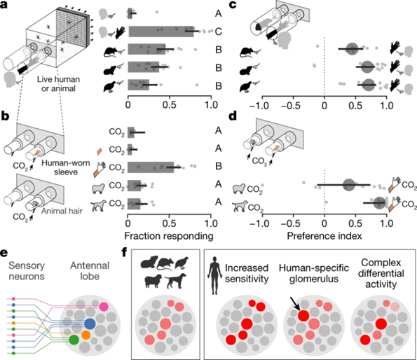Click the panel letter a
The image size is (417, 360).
click(4, 5)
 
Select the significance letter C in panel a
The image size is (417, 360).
click(218, 32)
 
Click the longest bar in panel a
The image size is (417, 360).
click(161, 32)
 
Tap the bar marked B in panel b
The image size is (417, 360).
click(151, 167)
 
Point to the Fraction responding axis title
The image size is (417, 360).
click(169, 236)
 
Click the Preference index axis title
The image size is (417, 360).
click(324, 236)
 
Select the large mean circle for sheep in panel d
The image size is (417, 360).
click(349, 185)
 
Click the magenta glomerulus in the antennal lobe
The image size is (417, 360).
click(104, 307)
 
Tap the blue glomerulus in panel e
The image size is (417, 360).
click(90, 324)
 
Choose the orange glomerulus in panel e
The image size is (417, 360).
click(86, 335)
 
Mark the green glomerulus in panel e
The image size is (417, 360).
click(74, 340)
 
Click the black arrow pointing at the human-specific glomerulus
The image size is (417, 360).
click(294, 304)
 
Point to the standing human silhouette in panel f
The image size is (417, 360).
click(214, 275)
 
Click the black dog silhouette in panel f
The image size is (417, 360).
click(176, 281)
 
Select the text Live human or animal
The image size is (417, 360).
click(58, 83)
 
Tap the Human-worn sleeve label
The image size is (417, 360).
click(66, 167)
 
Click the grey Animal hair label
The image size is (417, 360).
click(62, 211)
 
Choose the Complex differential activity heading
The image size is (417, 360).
click(381, 273)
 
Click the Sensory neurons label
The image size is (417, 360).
click(27, 271)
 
